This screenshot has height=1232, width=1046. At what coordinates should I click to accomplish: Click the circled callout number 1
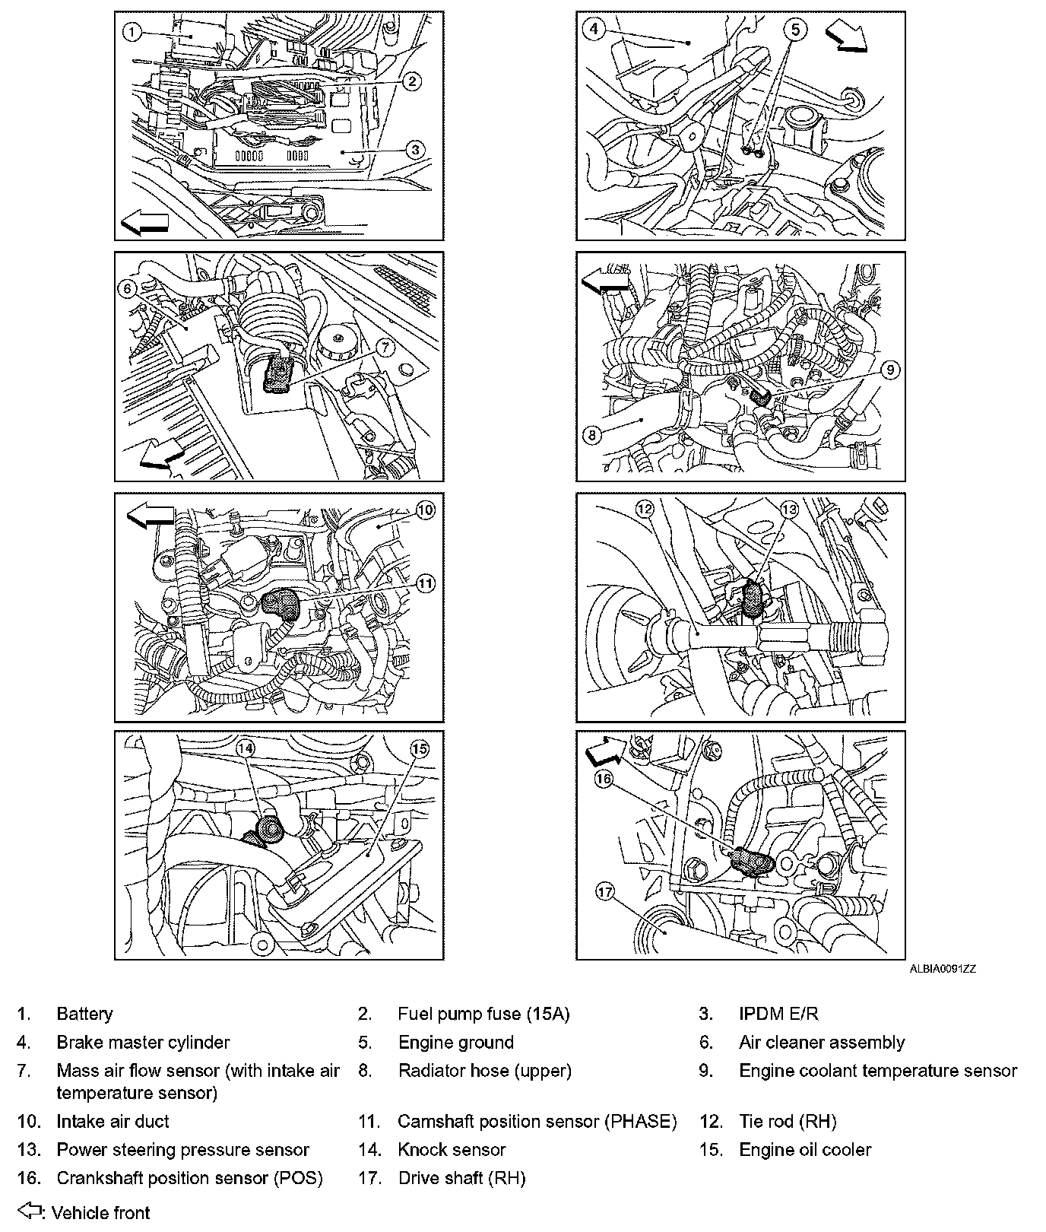pyautogui.click(x=132, y=32)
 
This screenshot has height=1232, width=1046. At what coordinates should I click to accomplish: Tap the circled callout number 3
pyautogui.click(x=414, y=150)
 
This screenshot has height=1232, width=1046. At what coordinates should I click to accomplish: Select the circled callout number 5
pyautogui.click(x=795, y=30)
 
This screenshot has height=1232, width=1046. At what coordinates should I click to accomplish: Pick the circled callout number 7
pyautogui.click(x=385, y=348)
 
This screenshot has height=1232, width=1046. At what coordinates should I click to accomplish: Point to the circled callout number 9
pyautogui.click(x=891, y=370)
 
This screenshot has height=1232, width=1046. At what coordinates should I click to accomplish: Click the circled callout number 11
pyautogui.click(x=425, y=583)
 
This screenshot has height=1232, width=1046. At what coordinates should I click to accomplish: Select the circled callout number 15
pyautogui.click(x=420, y=749)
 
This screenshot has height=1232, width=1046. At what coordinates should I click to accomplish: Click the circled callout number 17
pyautogui.click(x=604, y=892)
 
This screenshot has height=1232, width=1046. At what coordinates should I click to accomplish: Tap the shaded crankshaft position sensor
pyautogui.click(x=752, y=862)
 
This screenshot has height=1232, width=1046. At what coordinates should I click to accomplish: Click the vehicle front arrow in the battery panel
pyautogui.click(x=144, y=224)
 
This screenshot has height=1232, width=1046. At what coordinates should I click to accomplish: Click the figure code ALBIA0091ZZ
pyautogui.click(x=943, y=969)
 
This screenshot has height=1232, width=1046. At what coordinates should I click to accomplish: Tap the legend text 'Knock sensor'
pyautogui.click(x=452, y=1150)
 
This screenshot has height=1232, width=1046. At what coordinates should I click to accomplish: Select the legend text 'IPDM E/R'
pyautogui.click(x=778, y=1014)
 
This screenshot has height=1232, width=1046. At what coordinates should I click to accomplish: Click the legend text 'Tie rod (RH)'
pyautogui.click(x=788, y=1122)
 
